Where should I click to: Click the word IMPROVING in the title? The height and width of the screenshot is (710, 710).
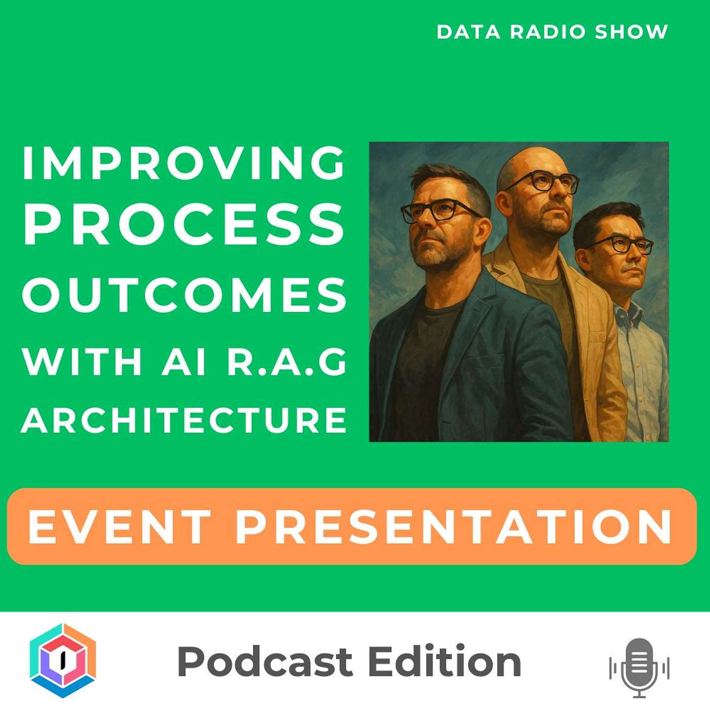click(184, 163)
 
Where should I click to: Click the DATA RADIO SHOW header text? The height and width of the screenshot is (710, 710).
click(552, 31)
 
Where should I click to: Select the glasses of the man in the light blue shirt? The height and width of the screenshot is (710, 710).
click(619, 245)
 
